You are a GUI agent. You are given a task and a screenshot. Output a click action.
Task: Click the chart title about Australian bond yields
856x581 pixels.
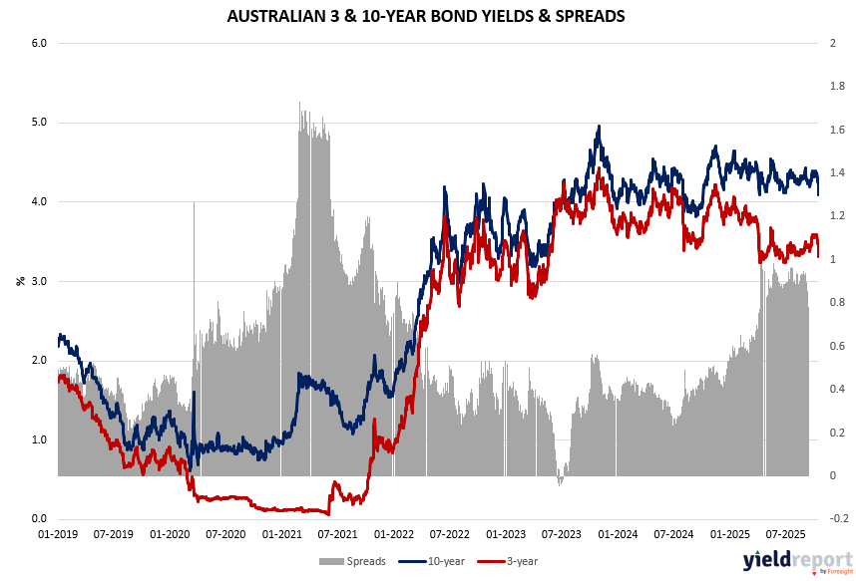tap(427, 16)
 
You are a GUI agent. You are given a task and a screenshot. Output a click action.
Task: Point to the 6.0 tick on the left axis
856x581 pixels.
tap(40, 43)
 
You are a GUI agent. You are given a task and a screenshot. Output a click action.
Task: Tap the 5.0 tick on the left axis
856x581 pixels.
tap(40, 123)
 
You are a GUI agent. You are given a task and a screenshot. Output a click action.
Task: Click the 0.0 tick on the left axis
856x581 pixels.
tap(40, 519)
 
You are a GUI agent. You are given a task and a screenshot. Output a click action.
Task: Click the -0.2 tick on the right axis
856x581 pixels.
tap(836, 519)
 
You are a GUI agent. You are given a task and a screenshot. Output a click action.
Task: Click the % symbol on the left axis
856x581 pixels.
tap(20, 281)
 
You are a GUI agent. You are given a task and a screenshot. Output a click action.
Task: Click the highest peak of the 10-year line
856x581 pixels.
tap(598, 127)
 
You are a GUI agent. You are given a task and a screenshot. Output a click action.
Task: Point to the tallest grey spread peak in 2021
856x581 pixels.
tap(300, 103)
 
